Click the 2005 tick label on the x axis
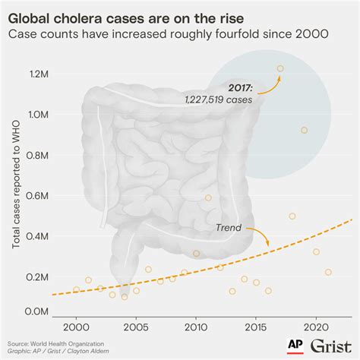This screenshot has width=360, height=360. click(x=136, y=327)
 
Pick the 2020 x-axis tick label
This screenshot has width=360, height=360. click(x=315, y=327)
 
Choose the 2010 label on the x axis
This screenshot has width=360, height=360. click(x=196, y=327)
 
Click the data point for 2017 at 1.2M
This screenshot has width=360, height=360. click(x=280, y=68)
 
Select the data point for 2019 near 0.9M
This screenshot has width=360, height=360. click(x=304, y=130)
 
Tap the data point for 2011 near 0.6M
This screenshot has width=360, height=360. click(x=208, y=198)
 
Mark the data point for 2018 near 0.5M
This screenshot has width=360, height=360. click(x=292, y=216)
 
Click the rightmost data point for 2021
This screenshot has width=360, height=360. click(x=328, y=272)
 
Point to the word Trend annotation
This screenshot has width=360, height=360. click(x=229, y=227)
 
